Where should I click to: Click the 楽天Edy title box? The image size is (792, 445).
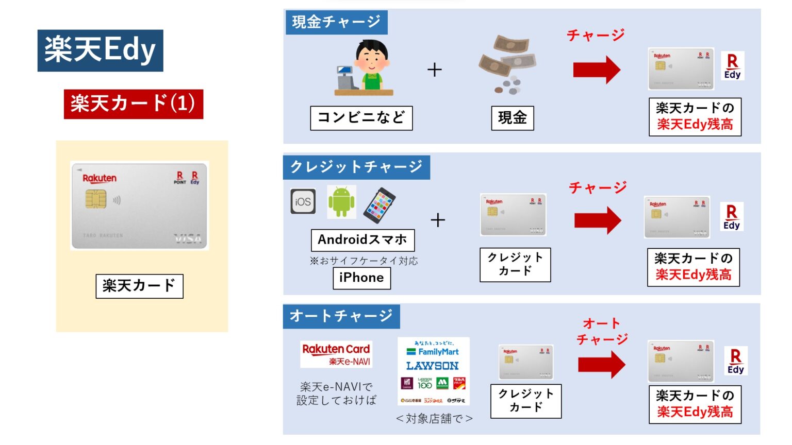101,50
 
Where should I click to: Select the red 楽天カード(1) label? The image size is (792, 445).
134,104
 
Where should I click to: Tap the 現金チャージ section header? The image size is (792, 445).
336,22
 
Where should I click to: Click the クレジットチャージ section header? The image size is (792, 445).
356,167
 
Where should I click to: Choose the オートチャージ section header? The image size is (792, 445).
341,316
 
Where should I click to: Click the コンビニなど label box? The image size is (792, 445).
361,118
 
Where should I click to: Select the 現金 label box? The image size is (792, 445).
512,118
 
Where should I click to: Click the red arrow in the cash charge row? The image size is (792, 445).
597,70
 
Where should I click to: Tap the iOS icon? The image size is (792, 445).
303,201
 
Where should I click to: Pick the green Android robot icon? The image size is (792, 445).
341,202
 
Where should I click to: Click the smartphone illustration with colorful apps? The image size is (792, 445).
379,205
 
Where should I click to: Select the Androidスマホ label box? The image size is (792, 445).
362,240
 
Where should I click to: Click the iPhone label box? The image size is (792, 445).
361,278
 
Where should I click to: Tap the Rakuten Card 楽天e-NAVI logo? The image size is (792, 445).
336,354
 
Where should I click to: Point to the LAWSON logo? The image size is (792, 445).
432,366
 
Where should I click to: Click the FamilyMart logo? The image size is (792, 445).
433,352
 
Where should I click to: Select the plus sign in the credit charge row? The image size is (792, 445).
438,220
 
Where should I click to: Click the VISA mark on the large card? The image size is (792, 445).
187,238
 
